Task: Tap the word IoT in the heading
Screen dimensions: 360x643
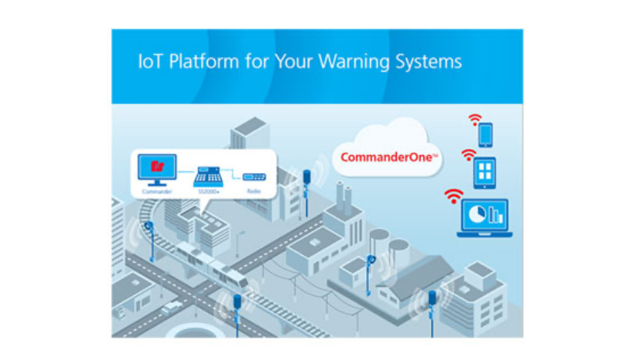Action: (x=150, y=62)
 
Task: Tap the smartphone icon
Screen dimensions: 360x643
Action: (x=485, y=134)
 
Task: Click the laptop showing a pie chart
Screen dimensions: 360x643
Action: (x=485, y=217)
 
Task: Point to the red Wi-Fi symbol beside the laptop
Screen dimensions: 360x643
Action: (x=453, y=196)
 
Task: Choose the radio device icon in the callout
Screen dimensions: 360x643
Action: (x=253, y=177)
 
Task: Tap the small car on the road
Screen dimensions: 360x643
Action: (x=171, y=307)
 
